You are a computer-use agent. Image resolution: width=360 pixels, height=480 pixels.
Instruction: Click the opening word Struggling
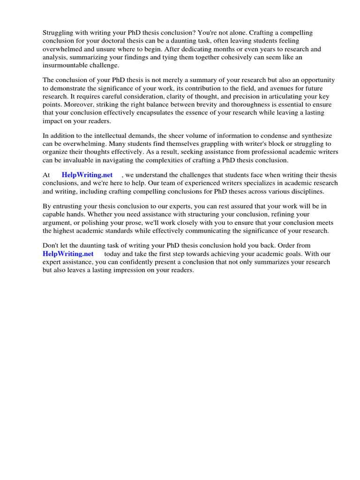59,33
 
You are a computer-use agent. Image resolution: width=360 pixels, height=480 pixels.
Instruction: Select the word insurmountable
65,65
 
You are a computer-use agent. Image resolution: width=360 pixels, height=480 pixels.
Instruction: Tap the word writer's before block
219,144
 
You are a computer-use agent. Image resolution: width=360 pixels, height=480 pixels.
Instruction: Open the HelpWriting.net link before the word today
68,254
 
